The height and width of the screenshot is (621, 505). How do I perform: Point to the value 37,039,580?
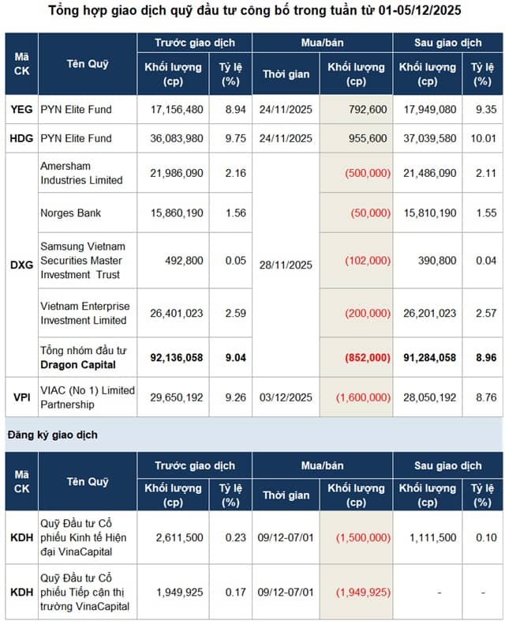[x=428, y=138]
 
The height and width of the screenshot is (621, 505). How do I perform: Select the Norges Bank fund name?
[x=71, y=213]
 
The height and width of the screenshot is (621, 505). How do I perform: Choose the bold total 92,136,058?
[x=176, y=357]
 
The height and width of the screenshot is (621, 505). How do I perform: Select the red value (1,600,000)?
[x=363, y=397]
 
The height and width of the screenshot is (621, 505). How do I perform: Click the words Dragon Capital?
[x=78, y=364]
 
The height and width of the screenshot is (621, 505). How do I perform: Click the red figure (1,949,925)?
[x=363, y=591]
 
